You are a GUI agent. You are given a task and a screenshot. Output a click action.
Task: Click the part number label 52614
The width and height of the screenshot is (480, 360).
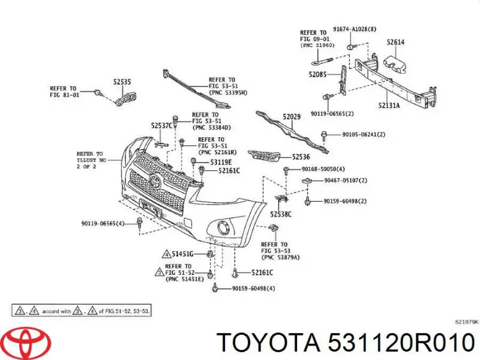395,42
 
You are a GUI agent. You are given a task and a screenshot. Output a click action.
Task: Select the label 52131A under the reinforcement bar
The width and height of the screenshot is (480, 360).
389,106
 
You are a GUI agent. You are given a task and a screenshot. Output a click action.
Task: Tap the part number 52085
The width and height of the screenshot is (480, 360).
317,74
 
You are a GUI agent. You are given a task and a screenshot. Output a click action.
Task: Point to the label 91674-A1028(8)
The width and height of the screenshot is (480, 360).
355,29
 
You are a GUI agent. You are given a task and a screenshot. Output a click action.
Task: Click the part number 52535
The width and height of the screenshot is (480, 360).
122,82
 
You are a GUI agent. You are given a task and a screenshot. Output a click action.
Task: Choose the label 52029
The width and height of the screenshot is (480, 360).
292,116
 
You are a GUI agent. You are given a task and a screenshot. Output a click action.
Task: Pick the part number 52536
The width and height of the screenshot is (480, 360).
301,157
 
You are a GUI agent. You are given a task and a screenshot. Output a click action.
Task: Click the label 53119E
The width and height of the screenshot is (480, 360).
221,162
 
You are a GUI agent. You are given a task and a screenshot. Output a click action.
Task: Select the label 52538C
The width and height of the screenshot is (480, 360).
281,214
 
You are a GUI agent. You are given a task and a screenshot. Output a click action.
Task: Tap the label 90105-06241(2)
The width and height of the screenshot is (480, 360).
364,134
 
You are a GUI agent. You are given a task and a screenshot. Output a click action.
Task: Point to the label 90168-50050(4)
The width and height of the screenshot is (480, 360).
323,169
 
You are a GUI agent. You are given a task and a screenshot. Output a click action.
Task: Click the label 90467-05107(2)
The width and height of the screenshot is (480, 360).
346,181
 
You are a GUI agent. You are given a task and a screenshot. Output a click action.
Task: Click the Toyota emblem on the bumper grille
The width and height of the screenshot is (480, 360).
155,182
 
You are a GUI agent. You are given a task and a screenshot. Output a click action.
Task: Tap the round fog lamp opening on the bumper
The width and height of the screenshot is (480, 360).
223,228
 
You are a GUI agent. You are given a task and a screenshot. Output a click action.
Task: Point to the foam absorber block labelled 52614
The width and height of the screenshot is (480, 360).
395,64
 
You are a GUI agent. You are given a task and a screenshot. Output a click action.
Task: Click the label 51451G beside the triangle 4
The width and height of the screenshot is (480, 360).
182,254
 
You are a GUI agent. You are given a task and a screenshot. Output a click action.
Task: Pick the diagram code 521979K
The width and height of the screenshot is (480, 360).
467,322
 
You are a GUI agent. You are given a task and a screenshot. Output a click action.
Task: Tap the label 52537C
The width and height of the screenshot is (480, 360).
162,126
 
